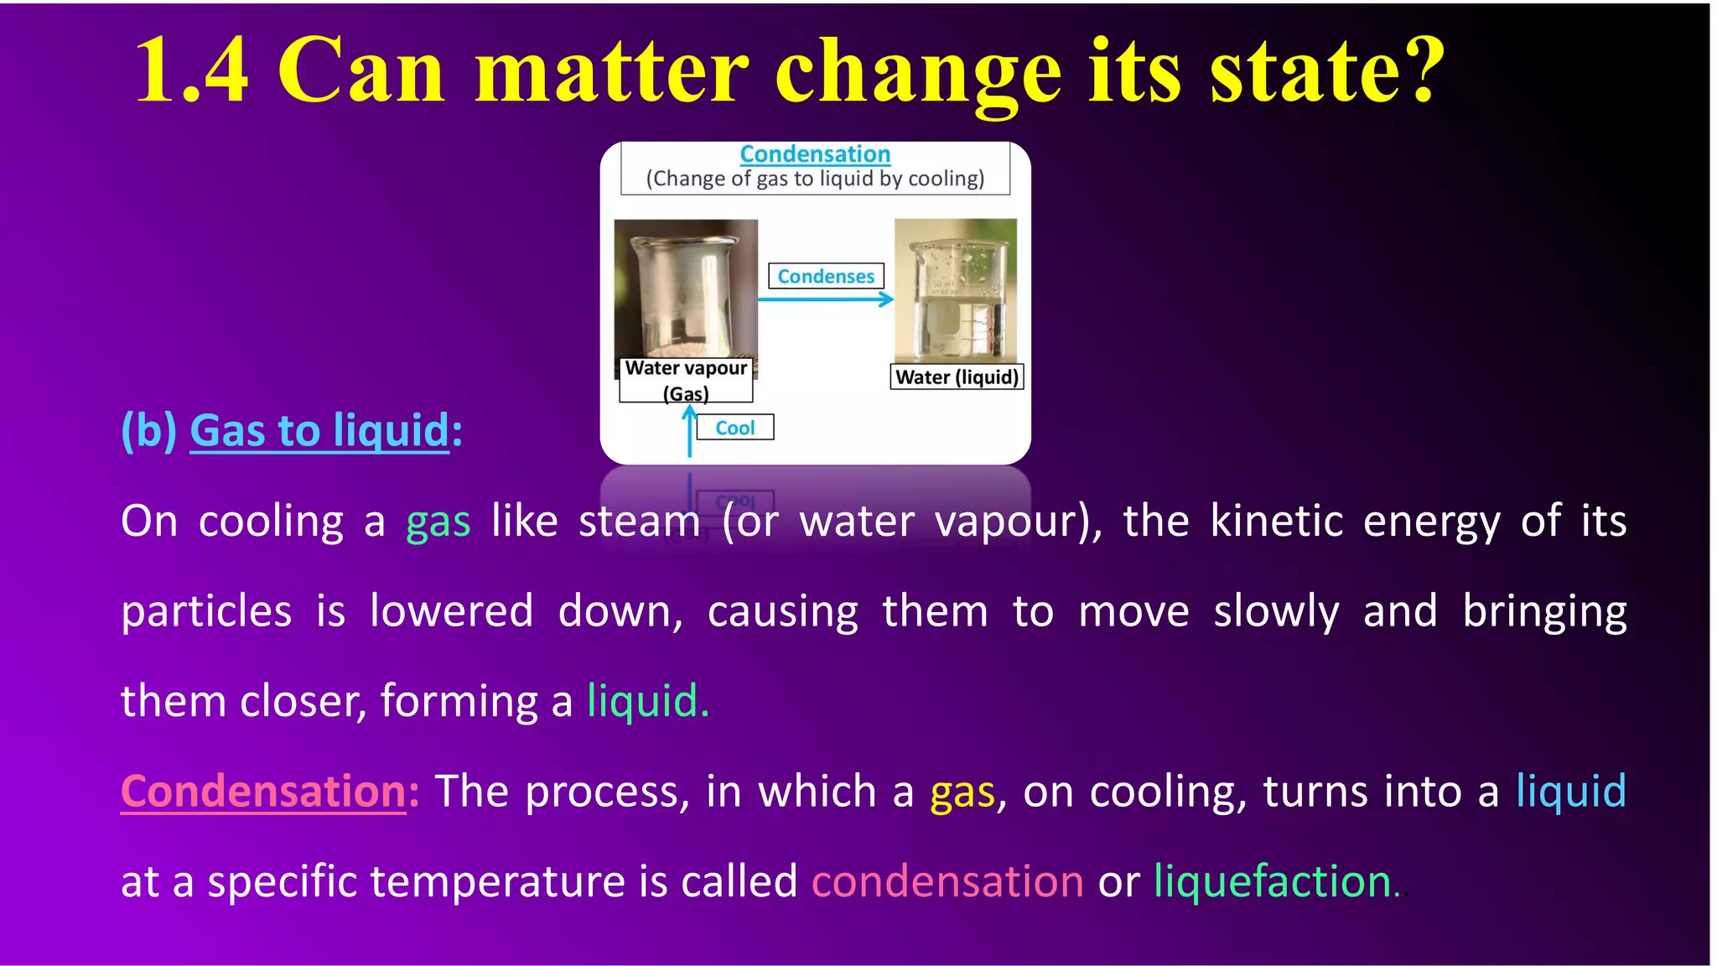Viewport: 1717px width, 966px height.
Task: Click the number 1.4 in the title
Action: (x=191, y=72)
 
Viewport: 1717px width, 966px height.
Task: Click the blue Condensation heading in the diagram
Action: (x=814, y=154)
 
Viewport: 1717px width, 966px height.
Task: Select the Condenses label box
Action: (x=825, y=276)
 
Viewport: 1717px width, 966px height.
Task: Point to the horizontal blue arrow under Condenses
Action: (x=825, y=299)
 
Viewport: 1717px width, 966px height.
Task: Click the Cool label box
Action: (x=734, y=428)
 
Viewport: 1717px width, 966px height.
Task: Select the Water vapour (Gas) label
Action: (x=686, y=380)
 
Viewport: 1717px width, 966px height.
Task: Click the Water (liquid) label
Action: (x=957, y=377)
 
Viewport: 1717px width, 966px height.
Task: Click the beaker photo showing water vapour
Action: (x=686, y=288)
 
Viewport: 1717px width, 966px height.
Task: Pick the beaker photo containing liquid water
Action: (x=956, y=290)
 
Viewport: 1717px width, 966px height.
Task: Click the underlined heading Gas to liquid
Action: (x=319, y=431)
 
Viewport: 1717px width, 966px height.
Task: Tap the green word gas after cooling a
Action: (x=438, y=522)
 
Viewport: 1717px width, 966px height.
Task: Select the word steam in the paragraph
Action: (x=639, y=522)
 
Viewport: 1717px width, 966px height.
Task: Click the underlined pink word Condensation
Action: (x=263, y=792)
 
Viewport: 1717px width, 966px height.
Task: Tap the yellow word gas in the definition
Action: (x=962, y=792)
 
